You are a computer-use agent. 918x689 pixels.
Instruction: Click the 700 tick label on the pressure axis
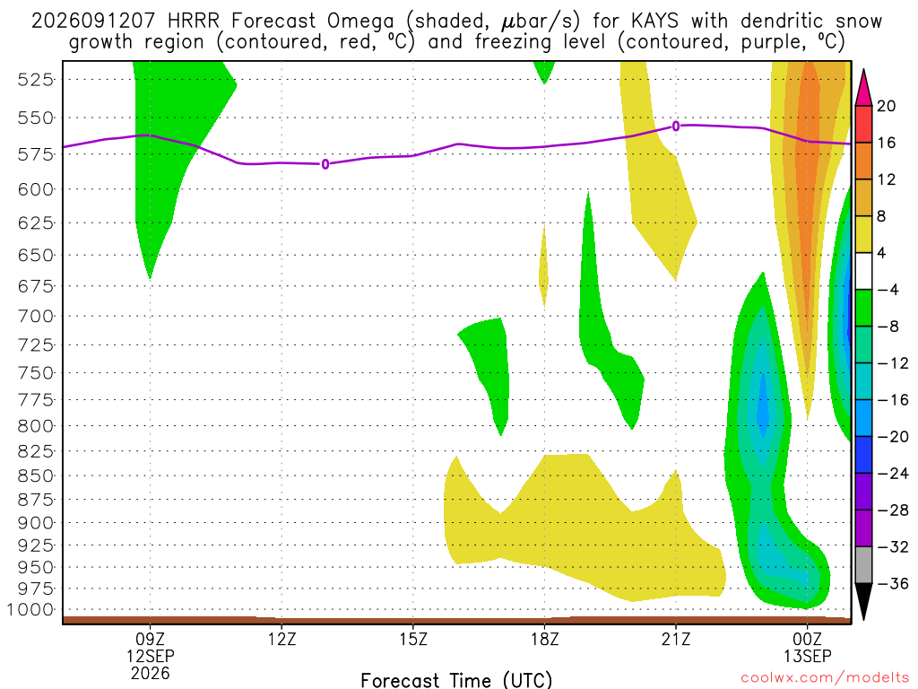point(35,317)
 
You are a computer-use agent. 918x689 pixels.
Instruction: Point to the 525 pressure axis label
point(35,80)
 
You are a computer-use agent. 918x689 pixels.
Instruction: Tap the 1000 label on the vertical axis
point(30,610)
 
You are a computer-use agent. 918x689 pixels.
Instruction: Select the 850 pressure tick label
point(35,475)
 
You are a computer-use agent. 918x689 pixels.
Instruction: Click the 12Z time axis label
point(282,639)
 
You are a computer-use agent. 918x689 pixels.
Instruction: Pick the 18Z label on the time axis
point(544,639)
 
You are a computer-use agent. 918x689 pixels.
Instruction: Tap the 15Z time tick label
point(413,639)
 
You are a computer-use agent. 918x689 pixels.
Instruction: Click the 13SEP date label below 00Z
point(808,656)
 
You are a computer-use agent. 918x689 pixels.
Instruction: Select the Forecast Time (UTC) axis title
point(456,680)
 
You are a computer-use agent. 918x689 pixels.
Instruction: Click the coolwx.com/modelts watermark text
point(825,678)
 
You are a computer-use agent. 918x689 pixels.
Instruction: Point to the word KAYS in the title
point(655,22)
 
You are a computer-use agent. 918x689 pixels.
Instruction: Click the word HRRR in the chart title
point(194,22)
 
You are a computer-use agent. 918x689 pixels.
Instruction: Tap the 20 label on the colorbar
point(886,106)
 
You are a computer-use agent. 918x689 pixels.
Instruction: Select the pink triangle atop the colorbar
point(863,88)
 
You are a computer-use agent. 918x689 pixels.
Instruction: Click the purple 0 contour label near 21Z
point(676,126)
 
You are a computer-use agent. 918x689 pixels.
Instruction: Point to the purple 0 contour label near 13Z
point(325,165)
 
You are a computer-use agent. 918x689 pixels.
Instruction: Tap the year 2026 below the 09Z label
point(151,674)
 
